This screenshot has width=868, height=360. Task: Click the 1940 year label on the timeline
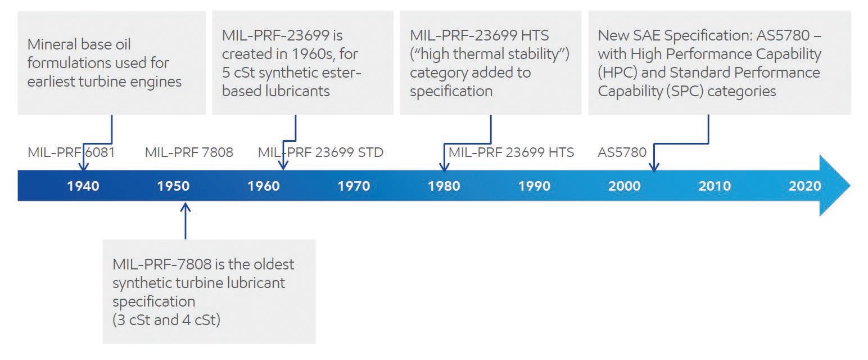(83, 186)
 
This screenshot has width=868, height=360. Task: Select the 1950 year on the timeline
(173, 186)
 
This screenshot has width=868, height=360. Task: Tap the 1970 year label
(354, 186)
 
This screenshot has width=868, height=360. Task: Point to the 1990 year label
(535, 186)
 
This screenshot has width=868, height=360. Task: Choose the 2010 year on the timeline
(715, 186)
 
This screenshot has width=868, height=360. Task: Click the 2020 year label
(805, 186)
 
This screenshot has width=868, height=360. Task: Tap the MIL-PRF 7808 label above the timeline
(189, 152)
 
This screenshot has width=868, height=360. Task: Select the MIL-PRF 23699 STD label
(320, 152)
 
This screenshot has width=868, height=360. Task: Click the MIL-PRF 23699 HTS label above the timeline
(511, 152)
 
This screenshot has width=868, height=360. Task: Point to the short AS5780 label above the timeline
(622, 152)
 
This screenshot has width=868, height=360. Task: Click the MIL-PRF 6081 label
(71, 152)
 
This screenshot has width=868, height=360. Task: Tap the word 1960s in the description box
(313, 54)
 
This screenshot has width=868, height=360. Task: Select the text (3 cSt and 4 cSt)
(166, 320)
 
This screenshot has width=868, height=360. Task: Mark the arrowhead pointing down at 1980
(444, 166)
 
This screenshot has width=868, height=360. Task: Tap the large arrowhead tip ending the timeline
(850, 186)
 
